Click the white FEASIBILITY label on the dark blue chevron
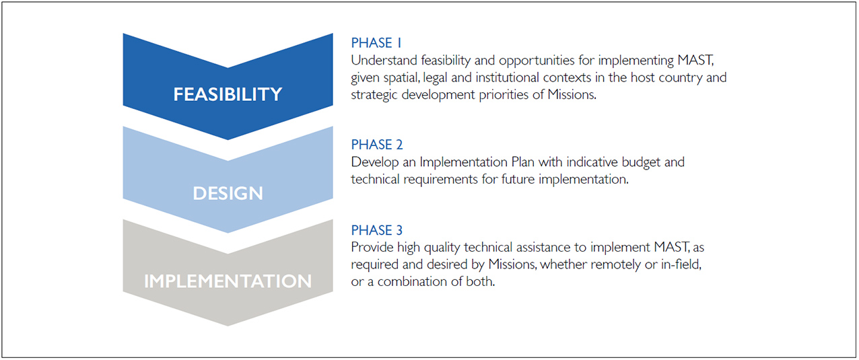pos(228,94)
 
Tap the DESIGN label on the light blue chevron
pos(228,193)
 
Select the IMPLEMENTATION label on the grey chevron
pos(228,281)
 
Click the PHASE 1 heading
pos(376,43)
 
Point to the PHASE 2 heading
pos(377,145)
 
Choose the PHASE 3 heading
pos(377,230)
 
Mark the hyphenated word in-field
pos(681,264)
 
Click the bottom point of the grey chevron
pos(228,326)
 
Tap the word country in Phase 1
pos(681,77)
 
